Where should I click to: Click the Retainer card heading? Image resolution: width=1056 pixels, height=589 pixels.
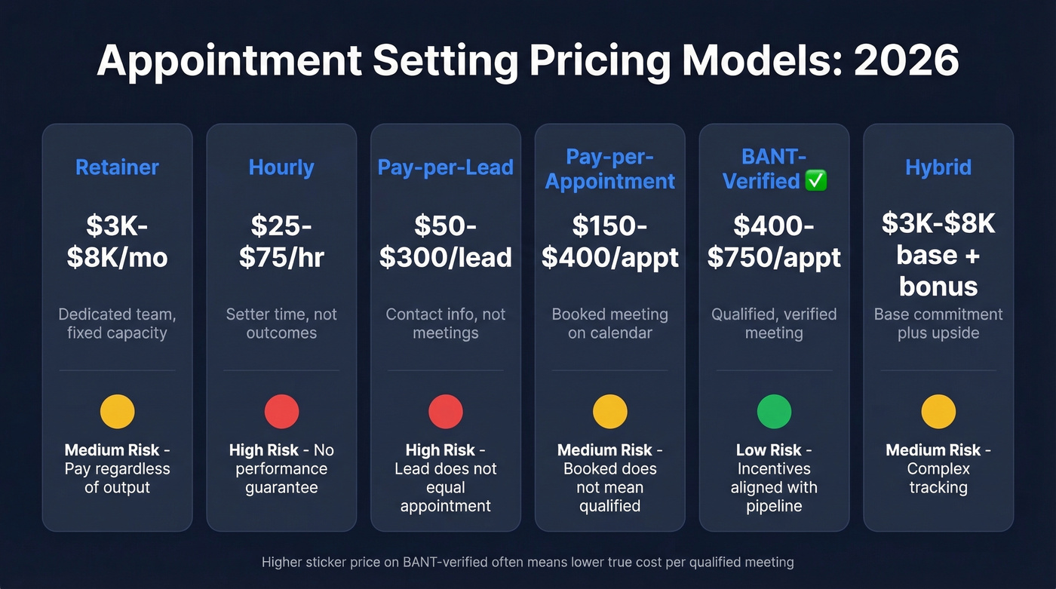tap(117, 167)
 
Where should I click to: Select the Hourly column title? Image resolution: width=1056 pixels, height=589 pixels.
tap(281, 167)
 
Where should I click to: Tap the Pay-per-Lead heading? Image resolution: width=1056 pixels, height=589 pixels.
tap(445, 167)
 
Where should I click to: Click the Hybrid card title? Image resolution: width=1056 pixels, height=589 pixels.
tap(938, 167)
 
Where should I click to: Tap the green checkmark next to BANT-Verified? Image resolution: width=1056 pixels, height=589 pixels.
tap(816, 181)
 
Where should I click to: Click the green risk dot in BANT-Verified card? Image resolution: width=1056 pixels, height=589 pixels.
tap(774, 412)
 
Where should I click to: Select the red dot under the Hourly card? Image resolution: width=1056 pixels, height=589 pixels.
tap(281, 412)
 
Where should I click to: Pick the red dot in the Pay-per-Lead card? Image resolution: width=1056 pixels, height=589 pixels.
tap(445, 412)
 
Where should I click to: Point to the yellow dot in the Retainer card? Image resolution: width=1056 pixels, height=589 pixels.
tap(117, 412)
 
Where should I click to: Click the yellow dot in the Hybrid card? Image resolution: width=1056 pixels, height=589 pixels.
tap(938, 412)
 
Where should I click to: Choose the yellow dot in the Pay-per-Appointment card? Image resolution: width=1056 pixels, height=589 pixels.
tap(609, 412)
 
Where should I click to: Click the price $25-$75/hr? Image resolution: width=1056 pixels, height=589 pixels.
tap(281, 241)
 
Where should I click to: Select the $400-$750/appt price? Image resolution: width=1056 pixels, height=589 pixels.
tap(774, 241)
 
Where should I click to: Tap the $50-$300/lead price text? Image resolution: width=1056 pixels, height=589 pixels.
tap(445, 241)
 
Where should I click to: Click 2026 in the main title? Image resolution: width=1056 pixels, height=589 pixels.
tap(906, 61)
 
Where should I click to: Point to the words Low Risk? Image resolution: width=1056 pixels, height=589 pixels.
tap(769, 450)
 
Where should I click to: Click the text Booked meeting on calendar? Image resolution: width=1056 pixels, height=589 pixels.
tap(609, 323)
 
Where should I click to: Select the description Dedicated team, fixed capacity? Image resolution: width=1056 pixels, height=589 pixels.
tap(117, 323)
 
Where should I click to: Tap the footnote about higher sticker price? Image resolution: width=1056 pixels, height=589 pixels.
tap(527, 562)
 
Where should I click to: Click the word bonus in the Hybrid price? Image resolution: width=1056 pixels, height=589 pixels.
tap(938, 287)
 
